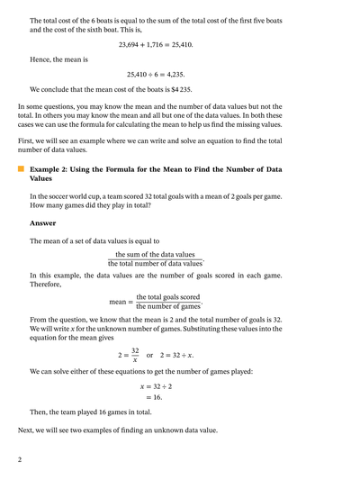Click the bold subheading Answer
pyautogui.click(x=42, y=223)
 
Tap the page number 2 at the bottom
pyautogui.click(x=20, y=459)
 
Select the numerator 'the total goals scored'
pyautogui.click(x=168, y=297)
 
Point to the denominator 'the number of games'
pyautogui.click(x=168, y=306)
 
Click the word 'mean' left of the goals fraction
pyautogui.click(x=119, y=302)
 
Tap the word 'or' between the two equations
pyautogui.click(x=151, y=355)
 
